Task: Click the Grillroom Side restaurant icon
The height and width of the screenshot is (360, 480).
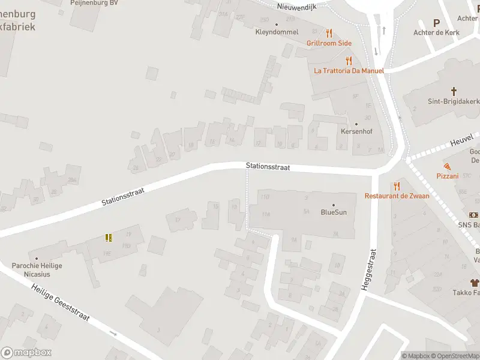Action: tap(329, 34)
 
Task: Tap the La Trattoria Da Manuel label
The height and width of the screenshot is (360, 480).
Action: tap(349, 70)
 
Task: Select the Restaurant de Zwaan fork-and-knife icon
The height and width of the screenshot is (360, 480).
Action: tap(396, 187)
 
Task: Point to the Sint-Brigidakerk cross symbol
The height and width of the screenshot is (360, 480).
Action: tap(454, 92)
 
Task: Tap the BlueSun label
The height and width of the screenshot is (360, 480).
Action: tap(334, 212)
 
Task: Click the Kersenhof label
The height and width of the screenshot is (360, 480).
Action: tap(353, 131)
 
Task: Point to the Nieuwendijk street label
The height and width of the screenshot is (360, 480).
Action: tap(296, 7)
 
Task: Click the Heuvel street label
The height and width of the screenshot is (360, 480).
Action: tap(461, 142)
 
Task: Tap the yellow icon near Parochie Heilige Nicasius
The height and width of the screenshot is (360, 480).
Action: tap(109, 238)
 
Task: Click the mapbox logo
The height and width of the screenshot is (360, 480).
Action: tap(26, 353)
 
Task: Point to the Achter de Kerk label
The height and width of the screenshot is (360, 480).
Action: tap(436, 32)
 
